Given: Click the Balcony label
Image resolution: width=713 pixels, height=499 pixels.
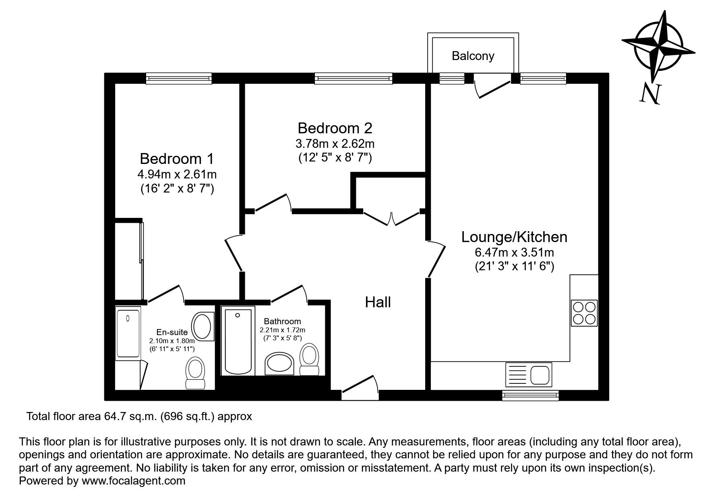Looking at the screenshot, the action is [473, 56].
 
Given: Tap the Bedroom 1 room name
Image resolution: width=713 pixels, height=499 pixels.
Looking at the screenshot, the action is [177, 159].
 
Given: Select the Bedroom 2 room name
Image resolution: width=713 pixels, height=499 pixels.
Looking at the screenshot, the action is [335, 128].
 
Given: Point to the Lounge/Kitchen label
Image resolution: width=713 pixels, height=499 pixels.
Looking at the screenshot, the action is [514, 237].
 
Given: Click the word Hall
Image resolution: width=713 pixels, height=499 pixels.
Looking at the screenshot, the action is [378, 302].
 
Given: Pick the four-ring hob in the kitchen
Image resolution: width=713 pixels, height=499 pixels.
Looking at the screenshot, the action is [584, 313].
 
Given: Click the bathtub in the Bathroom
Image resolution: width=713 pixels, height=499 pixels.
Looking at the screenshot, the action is [238, 341].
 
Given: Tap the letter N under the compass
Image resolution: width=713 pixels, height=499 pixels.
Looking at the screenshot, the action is [649, 95].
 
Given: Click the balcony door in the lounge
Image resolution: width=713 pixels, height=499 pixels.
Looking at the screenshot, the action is [493, 86].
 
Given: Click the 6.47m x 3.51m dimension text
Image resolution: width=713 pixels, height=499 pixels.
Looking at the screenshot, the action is [514, 253].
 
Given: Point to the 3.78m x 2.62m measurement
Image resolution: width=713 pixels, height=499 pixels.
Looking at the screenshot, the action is [335, 143].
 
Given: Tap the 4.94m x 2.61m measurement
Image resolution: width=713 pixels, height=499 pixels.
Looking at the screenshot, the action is [177, 174].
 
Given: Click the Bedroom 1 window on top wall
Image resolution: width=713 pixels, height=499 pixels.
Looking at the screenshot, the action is [179, 78].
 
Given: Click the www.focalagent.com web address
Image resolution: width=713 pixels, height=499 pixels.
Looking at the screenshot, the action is [133, 480].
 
